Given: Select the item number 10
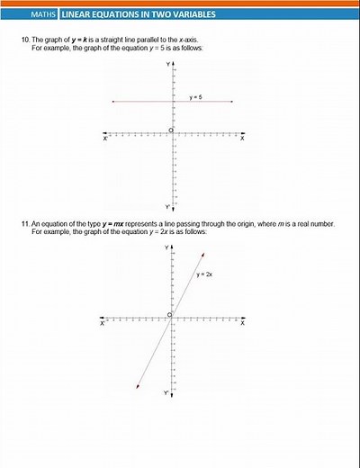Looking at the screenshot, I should click(x=24, y=40).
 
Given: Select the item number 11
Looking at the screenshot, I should click(x=24, y=222).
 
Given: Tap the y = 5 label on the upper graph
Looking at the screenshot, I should click(x=195, y=96).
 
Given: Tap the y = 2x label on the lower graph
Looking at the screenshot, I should click(x=203, y=274).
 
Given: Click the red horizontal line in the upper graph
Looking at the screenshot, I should click(x=144, y=102).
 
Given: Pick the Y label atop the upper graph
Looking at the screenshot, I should click(x=166, y=66).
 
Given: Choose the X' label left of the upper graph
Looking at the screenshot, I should click(x=104, y=139).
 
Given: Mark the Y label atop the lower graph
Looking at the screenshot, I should click(x=166, y=246).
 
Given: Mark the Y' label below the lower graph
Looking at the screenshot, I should click(x=166, y=392).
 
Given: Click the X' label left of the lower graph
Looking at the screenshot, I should click(x=103, y=323).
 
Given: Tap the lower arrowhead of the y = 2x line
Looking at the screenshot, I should click(x=137, y=386).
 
